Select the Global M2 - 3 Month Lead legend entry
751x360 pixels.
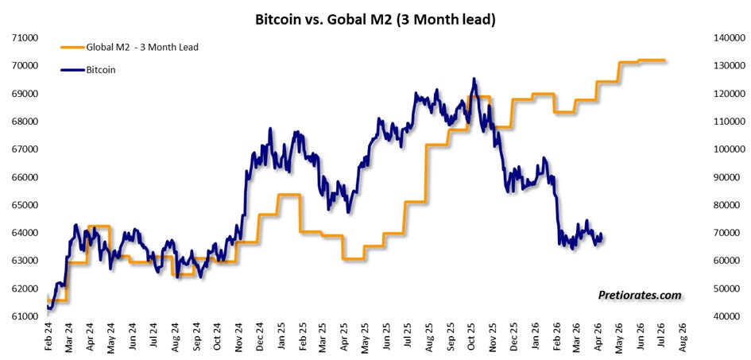[130, 48]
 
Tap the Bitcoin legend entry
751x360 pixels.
[88, 70]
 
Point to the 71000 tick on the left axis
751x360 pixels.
[25, 38]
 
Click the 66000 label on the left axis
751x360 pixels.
[25, 177]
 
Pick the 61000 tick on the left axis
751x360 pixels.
[25, 317]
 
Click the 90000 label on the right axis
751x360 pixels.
[730, 177]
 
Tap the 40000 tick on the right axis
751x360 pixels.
[730, 317]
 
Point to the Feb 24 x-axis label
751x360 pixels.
[48, 339]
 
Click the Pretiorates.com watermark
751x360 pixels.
[640, 296]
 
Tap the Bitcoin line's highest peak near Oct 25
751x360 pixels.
[474, 79]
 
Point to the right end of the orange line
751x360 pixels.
[664, 60]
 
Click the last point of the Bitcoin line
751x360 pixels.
[601, 234]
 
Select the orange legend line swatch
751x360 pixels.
[72, 48]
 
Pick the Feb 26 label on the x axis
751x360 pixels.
[557, 339]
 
